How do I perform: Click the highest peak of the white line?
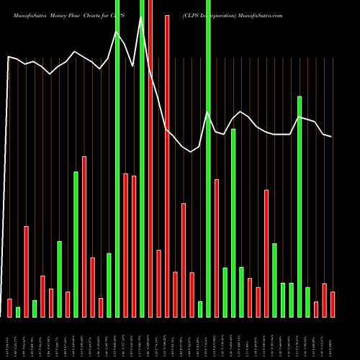point(141,19)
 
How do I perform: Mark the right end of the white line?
point(331,136)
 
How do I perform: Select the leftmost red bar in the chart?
point(10,307)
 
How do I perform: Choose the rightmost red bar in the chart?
point(333,304)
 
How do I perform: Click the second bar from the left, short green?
point(18,312)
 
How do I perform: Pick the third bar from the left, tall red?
point(27,271)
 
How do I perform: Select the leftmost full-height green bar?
point(117,158)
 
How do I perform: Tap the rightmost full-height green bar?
point(208,158)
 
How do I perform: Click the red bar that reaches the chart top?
point(150,158)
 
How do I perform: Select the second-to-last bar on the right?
point(325,300)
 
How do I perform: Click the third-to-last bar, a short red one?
point(316,309)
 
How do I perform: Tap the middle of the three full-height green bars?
point(142,158)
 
